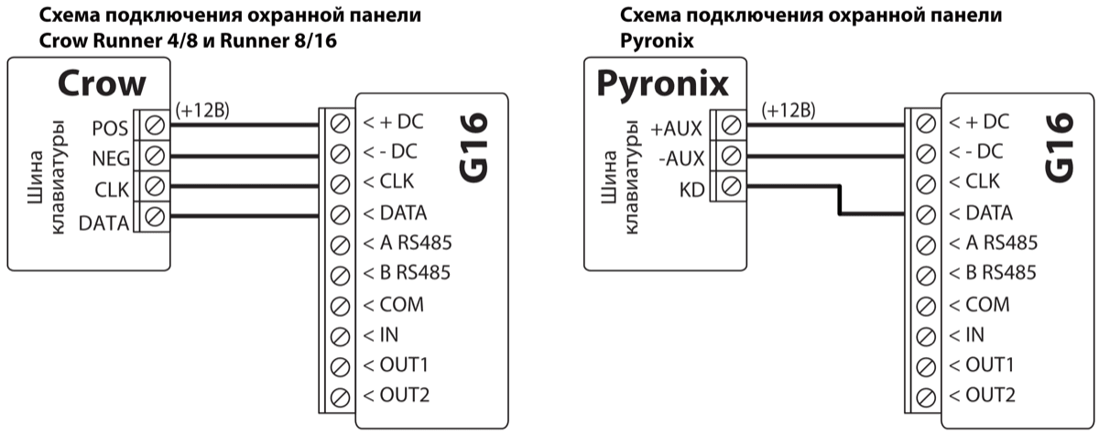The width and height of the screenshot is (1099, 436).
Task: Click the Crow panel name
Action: (x=102, y=84)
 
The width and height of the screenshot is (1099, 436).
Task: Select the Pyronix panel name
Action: (x=662, y=83)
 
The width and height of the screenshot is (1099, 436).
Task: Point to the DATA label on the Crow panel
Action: (x=103, y=221)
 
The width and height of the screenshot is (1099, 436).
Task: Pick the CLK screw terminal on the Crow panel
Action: (x=154, y=188)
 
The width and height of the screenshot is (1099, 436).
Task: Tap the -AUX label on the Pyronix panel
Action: (x=681, y=158)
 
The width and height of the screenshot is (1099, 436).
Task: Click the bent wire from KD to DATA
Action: (x=840, y=201)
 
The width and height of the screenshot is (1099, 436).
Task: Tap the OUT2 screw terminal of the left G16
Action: (x=340, y=397)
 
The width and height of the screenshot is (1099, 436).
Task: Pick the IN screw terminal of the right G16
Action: (x=925, y=335)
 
